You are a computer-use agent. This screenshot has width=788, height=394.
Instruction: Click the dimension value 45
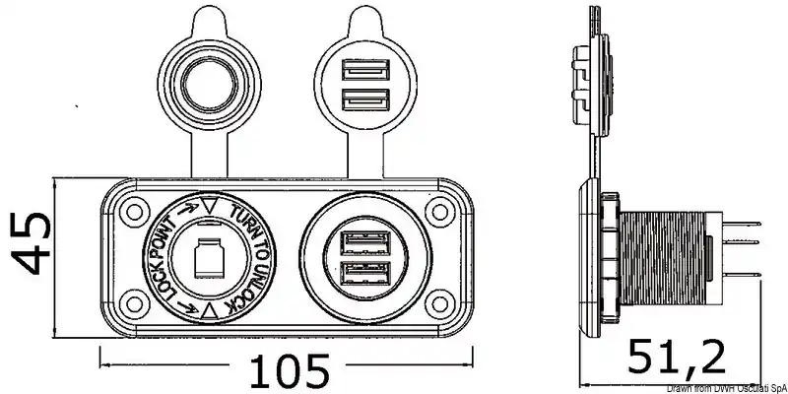(x=31, y=243)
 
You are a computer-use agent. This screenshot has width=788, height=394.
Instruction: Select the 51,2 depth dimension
(x=678, y=358)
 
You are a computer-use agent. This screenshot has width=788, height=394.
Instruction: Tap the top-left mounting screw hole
(x=135, y=212)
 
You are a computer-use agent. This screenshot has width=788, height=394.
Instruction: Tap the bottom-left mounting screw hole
(x=135, y=304)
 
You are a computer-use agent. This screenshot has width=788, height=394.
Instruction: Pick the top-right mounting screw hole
(x=439, y=212)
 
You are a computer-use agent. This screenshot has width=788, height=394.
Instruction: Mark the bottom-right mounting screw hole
(x=439, y=304)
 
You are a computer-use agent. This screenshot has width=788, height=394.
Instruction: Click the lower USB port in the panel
(x=366, y=274)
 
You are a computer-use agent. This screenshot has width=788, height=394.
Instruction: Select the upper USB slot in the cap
(x=365, y=69)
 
